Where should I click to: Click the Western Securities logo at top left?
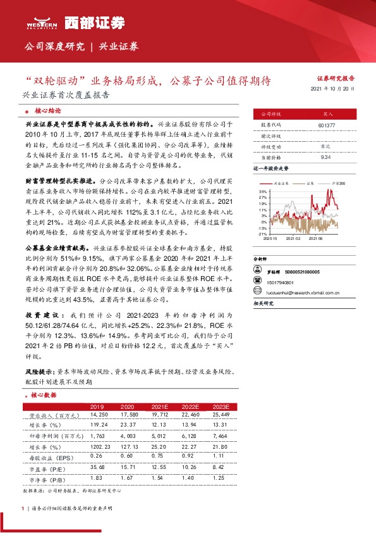coord(42,22)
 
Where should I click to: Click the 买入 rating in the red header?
coord(327,115)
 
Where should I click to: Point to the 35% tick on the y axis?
coord(262,191)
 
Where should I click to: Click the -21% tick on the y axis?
coord(262,234)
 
